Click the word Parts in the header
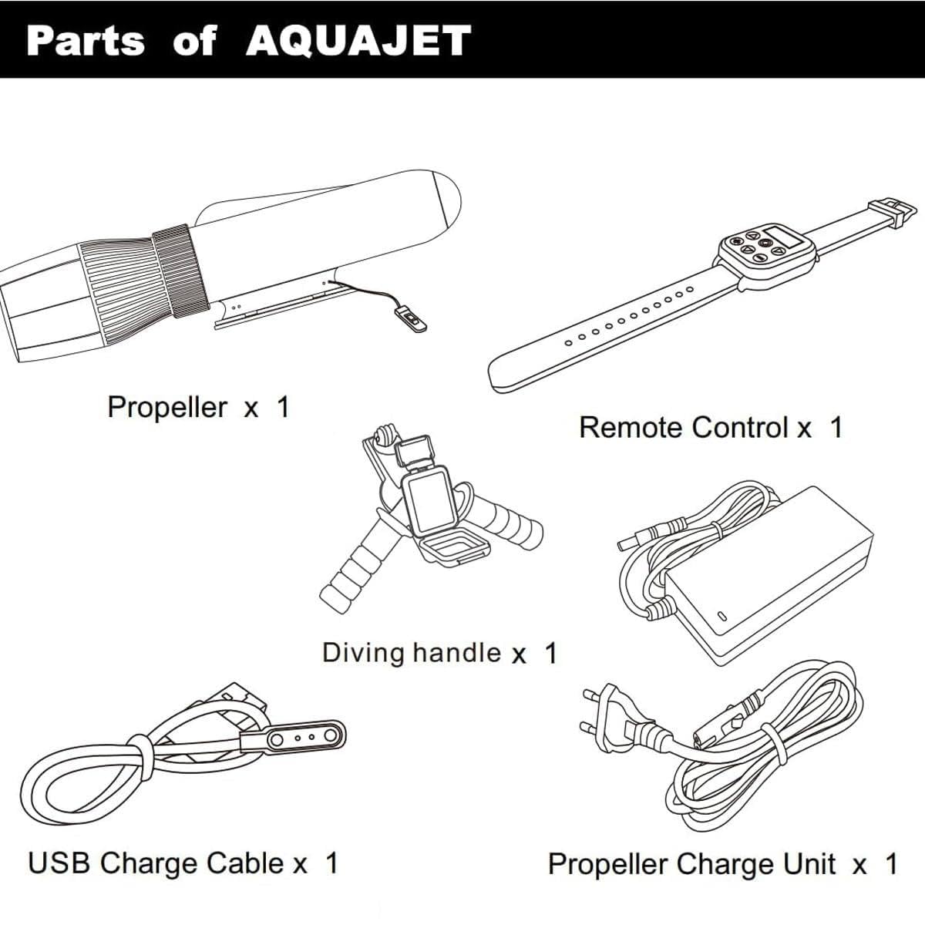click(86, 41)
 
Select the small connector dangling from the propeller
click(410, 320)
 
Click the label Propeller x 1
click(199, 408)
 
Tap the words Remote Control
click(684, 427)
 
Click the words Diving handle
click(412, 653)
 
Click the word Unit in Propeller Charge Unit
click(809, 864)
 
